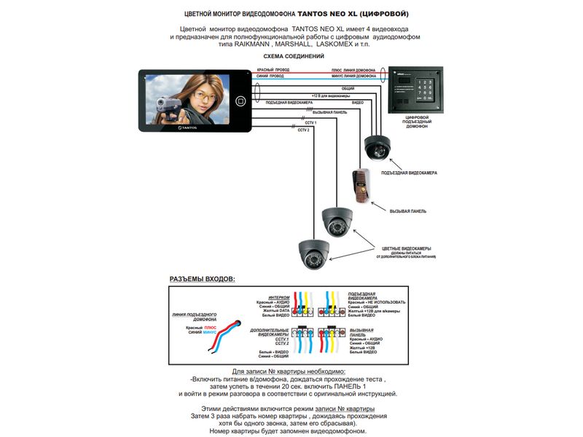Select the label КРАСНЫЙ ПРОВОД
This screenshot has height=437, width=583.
click(270, 70)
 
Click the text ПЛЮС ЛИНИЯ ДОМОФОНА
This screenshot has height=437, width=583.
click(353, 70)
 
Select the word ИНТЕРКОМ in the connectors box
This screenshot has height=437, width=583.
click(278, 297)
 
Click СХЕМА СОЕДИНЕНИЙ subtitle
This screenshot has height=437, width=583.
click(294, 56)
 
